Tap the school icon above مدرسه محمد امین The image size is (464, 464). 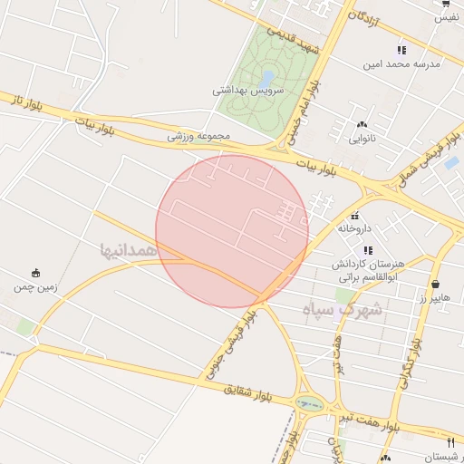click(x=401, y=50)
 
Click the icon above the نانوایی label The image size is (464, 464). click(x=362, y=124)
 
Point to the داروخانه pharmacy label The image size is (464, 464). click(x=355, y=229)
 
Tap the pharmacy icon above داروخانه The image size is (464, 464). click(x=355, y=216)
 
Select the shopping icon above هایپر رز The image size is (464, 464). click(x=435, y=284)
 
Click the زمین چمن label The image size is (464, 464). click(x=35, y=287)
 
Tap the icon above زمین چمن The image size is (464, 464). click(x=35, y=273)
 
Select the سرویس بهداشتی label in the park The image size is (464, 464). click(x=248, y=91)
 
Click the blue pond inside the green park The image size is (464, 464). click(x=267, y=77)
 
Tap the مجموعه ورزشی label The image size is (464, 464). click(x=199, y=136)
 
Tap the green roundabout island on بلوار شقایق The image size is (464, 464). click(x=309, y=404)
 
